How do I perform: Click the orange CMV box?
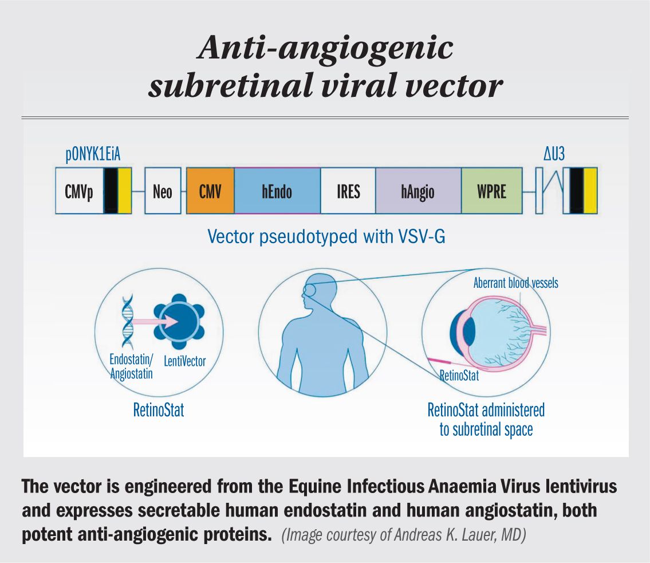coord(210,191)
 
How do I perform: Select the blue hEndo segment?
coord(277,191)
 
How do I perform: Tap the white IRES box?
coord(348,191)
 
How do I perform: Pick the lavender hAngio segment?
coord(418,191)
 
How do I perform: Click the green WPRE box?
coord(491,191)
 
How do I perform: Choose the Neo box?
coord(163,191)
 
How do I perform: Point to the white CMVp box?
coord(80,191)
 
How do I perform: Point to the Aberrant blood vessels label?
coord(515,283)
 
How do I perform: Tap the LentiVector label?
coord(184,361)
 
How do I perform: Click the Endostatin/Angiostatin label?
coord(131,367)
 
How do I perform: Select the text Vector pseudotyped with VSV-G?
coord(326,236)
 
